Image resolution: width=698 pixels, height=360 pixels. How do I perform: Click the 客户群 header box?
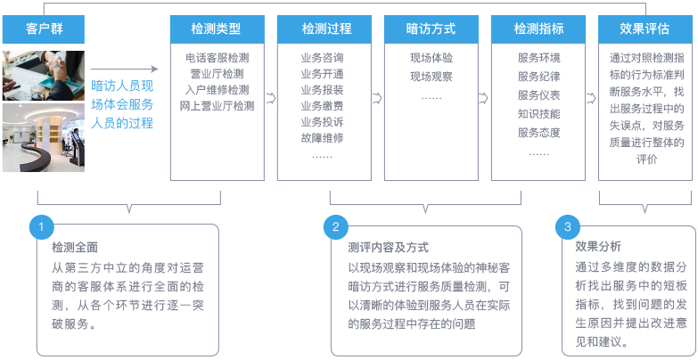tap(44, 29)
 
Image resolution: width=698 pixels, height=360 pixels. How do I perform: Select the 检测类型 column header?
tap(218, 29)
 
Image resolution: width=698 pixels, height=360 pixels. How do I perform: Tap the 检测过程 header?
tap(324, 29)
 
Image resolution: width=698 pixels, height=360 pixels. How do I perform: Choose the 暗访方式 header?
tap(431, 29)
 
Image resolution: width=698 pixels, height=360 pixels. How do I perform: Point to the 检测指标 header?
tap(538, 29)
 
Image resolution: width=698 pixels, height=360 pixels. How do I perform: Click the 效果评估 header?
tap(645, 29)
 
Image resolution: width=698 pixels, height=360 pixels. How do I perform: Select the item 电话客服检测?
tap(218, 58)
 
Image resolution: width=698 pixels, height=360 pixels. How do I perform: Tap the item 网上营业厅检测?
tap(218, 106)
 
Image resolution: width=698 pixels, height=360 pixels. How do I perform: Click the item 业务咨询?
tap(323, 58)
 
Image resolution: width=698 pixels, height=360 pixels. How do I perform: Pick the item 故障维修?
tap(323, 138)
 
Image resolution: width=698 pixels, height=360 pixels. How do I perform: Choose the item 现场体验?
tap(431, 58)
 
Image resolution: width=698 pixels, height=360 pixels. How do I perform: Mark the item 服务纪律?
tap(538, 77)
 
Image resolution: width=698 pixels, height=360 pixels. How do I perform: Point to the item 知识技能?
tap(538, 114)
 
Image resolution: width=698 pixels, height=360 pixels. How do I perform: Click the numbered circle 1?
tap(41, 227)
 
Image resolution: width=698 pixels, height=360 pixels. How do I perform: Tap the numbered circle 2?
tap(336, 227)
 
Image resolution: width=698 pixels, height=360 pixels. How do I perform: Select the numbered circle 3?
tap(568, 227)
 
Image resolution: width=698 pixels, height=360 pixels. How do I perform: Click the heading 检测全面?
tap(74, 248)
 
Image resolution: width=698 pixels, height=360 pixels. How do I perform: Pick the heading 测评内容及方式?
tap(388, 248)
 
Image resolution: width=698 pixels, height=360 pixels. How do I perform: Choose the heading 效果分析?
tap(598, 247)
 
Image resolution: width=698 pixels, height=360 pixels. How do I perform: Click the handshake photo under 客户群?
tap(44, 76)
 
